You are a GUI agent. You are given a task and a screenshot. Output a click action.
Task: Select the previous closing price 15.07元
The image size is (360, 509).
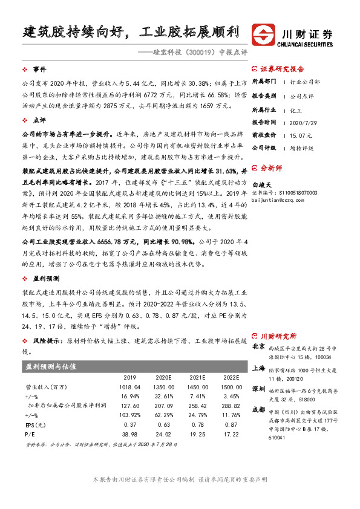[301, 134]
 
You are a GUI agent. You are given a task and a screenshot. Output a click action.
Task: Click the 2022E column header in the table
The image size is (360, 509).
[230, 377]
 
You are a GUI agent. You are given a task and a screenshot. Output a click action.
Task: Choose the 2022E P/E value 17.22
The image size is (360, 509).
[232, 434]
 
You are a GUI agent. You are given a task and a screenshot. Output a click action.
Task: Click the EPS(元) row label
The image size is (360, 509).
[35, 425]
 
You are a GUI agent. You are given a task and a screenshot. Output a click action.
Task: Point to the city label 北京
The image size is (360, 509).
[258, 346]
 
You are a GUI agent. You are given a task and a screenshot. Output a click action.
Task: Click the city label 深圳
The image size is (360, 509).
[258, 387]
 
